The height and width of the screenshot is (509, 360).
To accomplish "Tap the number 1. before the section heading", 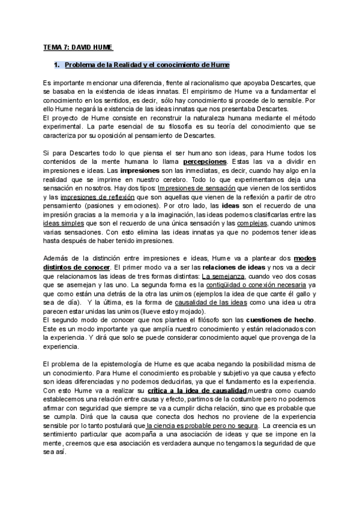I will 56,64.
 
